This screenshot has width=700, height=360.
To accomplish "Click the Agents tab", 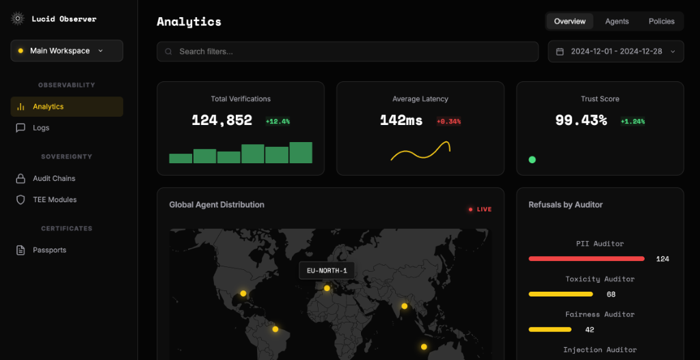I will [617, 21].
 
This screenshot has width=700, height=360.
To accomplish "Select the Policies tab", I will [661, 21].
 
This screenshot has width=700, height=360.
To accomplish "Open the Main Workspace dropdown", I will [66, 51].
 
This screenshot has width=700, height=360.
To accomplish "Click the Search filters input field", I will [348, 51].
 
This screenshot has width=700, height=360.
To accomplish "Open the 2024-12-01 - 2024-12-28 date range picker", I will [615, 51].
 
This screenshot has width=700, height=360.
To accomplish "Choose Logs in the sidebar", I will [41, 128].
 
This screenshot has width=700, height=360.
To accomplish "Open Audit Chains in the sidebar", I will [54, 178].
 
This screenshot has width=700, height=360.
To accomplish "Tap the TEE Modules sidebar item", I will [55, 199].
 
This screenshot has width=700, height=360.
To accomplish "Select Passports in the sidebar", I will [49, 250].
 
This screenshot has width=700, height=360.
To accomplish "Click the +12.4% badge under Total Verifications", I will [278, 122].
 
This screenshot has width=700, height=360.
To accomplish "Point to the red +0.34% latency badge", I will [448, 122].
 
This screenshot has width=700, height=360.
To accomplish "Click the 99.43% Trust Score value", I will [581, 120].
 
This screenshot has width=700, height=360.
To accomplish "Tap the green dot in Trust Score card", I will [532, 160].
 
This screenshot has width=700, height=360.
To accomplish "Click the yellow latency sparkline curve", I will [420, 151].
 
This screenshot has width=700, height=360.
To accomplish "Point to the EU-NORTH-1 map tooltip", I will [327, 271].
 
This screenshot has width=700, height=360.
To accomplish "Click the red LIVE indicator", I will [480, 209].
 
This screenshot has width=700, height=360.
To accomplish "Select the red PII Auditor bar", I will [586, 259].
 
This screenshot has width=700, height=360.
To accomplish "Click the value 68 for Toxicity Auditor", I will [611, 294].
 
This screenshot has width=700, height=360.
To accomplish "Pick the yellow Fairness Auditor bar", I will [550, 329].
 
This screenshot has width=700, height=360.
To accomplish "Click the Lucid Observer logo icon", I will [18, 19].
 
